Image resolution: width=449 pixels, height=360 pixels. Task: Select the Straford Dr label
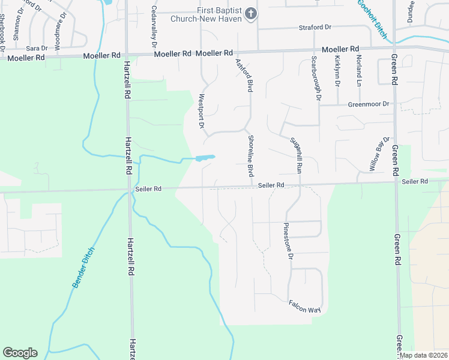[315, 28]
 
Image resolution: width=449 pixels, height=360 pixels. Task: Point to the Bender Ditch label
[83, 268]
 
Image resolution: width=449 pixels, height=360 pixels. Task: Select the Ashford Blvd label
[243, 71]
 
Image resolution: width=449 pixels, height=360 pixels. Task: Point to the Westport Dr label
[202, 109]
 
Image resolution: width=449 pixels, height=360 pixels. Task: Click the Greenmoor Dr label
[369, 104]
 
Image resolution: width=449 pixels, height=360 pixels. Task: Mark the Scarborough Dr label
[316, 78]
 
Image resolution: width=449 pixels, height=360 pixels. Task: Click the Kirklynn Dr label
[338, 71]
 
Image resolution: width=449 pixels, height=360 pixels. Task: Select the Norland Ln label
[358, 70]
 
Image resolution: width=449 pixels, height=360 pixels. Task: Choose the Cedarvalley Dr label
[154, 27]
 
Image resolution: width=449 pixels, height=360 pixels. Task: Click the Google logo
[20, 353]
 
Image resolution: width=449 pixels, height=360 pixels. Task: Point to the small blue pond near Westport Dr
[204, 158]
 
